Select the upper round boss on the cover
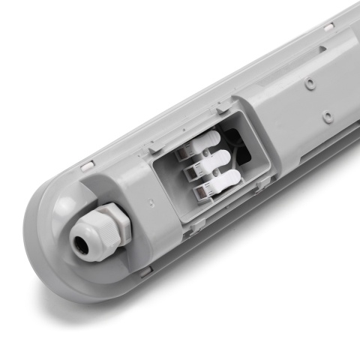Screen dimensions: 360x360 point(308,81)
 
